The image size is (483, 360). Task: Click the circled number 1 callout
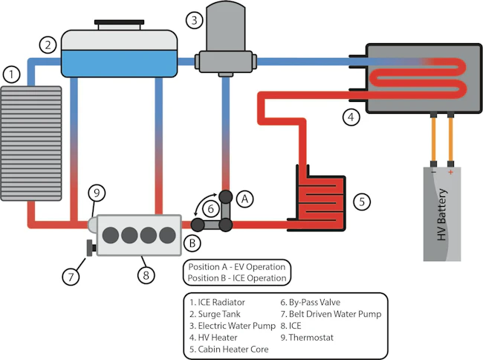tap(10, 74)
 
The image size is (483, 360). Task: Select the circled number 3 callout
tap(195, 19)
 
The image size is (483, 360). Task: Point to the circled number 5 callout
tap(360, 201)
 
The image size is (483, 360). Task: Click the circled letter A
tap(247, 198)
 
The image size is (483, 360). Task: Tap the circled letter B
tap(192, 242)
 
